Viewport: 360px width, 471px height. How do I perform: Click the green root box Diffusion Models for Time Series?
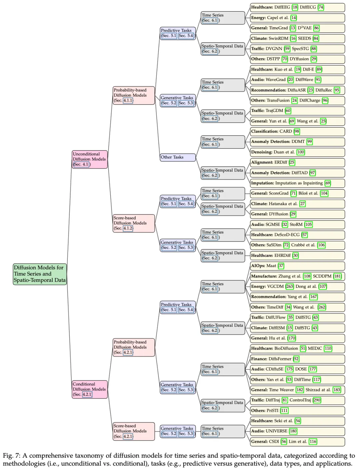(x=40, y=274)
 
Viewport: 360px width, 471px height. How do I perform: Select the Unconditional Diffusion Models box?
(x=90, y=159)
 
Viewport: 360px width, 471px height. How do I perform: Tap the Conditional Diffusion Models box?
(x=90, y=389)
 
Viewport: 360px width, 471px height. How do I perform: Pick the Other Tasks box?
(x=178, y=157)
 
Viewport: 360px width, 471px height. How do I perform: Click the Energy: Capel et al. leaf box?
(x=297, y=18)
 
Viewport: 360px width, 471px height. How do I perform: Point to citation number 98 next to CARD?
(x=297, y=131)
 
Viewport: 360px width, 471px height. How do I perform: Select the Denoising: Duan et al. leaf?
(x=297, y=152)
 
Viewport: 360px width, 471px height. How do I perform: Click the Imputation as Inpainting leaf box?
(x=297, y=183)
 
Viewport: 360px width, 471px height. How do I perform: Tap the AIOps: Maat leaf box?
(x=297, y=266)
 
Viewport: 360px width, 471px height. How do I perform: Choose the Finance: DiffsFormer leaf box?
(x=297, y=359)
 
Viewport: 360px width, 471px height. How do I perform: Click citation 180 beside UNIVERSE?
(x=293, y=431)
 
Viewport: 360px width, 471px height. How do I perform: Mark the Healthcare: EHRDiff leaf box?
(x=297, y=255)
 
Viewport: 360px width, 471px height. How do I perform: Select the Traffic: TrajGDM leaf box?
(x=297, y=111)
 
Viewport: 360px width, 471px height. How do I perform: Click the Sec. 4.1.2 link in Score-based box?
(x=128, y=228)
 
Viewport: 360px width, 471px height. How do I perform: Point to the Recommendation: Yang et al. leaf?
(x=297, y=297)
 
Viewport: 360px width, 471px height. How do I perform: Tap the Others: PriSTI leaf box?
(x=297, y=410)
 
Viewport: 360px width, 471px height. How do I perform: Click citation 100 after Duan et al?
(x=301, y=152)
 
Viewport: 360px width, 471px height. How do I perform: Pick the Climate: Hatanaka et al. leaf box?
(x=297, y=204)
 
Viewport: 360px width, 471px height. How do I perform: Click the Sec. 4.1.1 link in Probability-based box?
(x=128, y=100)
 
